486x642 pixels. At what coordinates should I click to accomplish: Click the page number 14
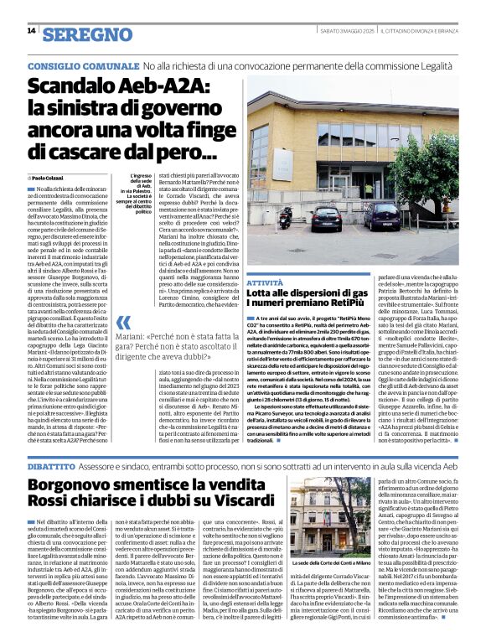tap(31, 31)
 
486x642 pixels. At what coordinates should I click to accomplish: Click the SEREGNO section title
tap(87, 34)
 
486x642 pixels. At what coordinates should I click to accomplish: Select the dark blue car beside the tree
tap(381, 216)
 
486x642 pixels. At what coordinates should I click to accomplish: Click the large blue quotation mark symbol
tap(123, 322)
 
